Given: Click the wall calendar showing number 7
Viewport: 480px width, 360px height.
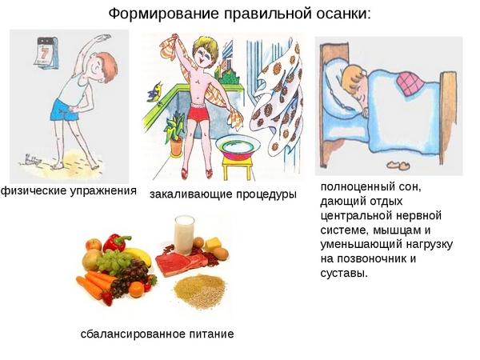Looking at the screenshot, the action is (x=46, y=53).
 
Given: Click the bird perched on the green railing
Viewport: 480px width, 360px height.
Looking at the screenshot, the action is (x=155, y=92).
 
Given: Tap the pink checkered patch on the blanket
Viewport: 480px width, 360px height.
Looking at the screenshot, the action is (x=410, y=83).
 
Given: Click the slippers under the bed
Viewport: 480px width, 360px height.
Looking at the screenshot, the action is (x=398, y=165).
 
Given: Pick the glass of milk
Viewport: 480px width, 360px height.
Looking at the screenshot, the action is (x=184, y=234).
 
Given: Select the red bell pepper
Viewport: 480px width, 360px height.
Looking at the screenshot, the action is (x=115, y=242).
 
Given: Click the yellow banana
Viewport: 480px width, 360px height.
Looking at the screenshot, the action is (x=138, y=255).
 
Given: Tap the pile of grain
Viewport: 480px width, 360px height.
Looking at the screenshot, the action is (x=200, y=291).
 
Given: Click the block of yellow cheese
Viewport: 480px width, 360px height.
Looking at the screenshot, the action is (x=213, y=244).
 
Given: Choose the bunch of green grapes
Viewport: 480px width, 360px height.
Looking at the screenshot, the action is (x=113, y=261).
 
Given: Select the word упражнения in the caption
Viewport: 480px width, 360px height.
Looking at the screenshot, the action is (x=104, y=190).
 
